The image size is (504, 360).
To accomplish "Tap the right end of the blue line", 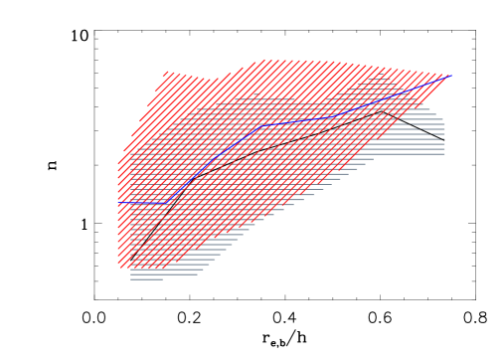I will [452, 76].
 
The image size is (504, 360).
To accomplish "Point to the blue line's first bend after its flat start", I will [166, 203].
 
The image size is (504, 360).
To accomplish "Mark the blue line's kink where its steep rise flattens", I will [262, 125].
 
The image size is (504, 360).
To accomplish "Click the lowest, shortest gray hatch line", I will [147, 279].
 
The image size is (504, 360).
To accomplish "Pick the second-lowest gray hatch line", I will [164, 274].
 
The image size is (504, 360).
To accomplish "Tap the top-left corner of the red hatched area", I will [167, 72].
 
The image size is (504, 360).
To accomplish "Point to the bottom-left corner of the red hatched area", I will [119, 268].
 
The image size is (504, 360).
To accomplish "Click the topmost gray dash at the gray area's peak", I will [379, 77].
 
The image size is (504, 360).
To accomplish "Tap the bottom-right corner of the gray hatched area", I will [444, 154].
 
